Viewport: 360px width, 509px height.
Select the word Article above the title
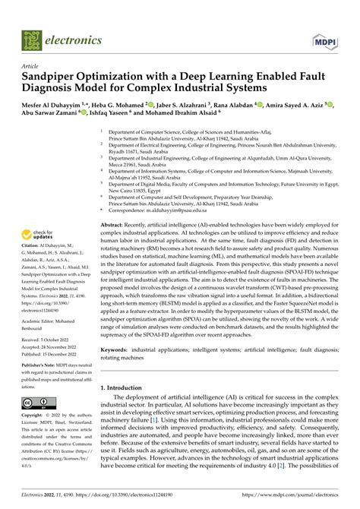point(30,66)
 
